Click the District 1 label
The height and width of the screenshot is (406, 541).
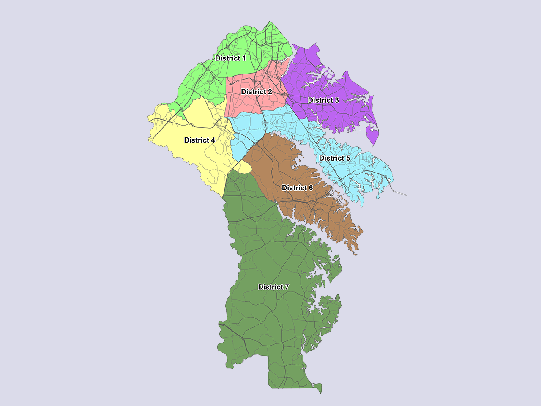tap(230, 58)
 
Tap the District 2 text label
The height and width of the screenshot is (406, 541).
tap(257, 92)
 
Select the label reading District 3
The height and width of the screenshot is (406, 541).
tap(323, 100)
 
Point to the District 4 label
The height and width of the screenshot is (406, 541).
tap(199, 140)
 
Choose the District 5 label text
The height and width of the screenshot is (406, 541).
tap(335, 158)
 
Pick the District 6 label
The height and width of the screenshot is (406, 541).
tap(297, 188)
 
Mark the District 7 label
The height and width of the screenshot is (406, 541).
tap(273, 287)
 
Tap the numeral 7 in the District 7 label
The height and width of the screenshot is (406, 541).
tap(287, 287)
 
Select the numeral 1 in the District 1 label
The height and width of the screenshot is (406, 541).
tap(243, 58)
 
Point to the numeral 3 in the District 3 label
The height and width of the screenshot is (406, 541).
tap(337, 100)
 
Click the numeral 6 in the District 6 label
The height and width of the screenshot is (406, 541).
tap(311, 188)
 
